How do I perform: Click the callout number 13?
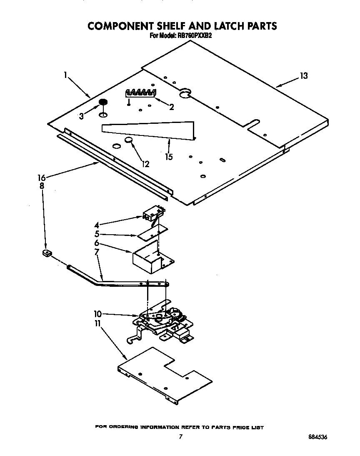click(x=304, y=76)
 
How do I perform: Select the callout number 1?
click(x=66, y=75)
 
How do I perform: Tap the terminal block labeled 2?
click(x=141, y=93)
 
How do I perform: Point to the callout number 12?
click(x=145, y=164)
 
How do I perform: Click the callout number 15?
click(x=169, y=157)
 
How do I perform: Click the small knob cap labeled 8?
click(x=47, y=253)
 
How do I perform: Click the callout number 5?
click(x=97, y=234)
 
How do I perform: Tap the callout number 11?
click(x=98, y=323)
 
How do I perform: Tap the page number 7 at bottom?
click(x=180, y=437)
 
